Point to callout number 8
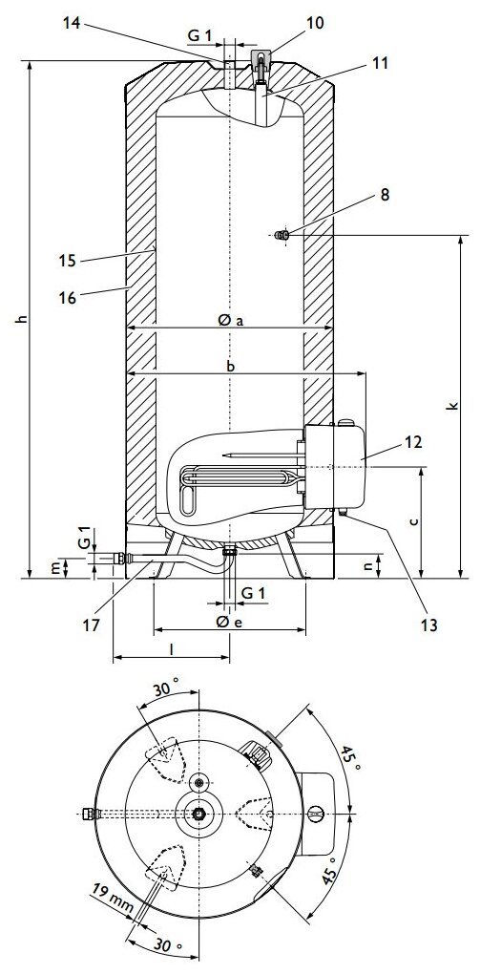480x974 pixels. [385, 195]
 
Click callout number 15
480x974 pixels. [67, 260]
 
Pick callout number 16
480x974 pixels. [67, 298]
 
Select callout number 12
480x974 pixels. [413, 442]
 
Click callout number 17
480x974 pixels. [92, 625]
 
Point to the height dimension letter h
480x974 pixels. [22, 319]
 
